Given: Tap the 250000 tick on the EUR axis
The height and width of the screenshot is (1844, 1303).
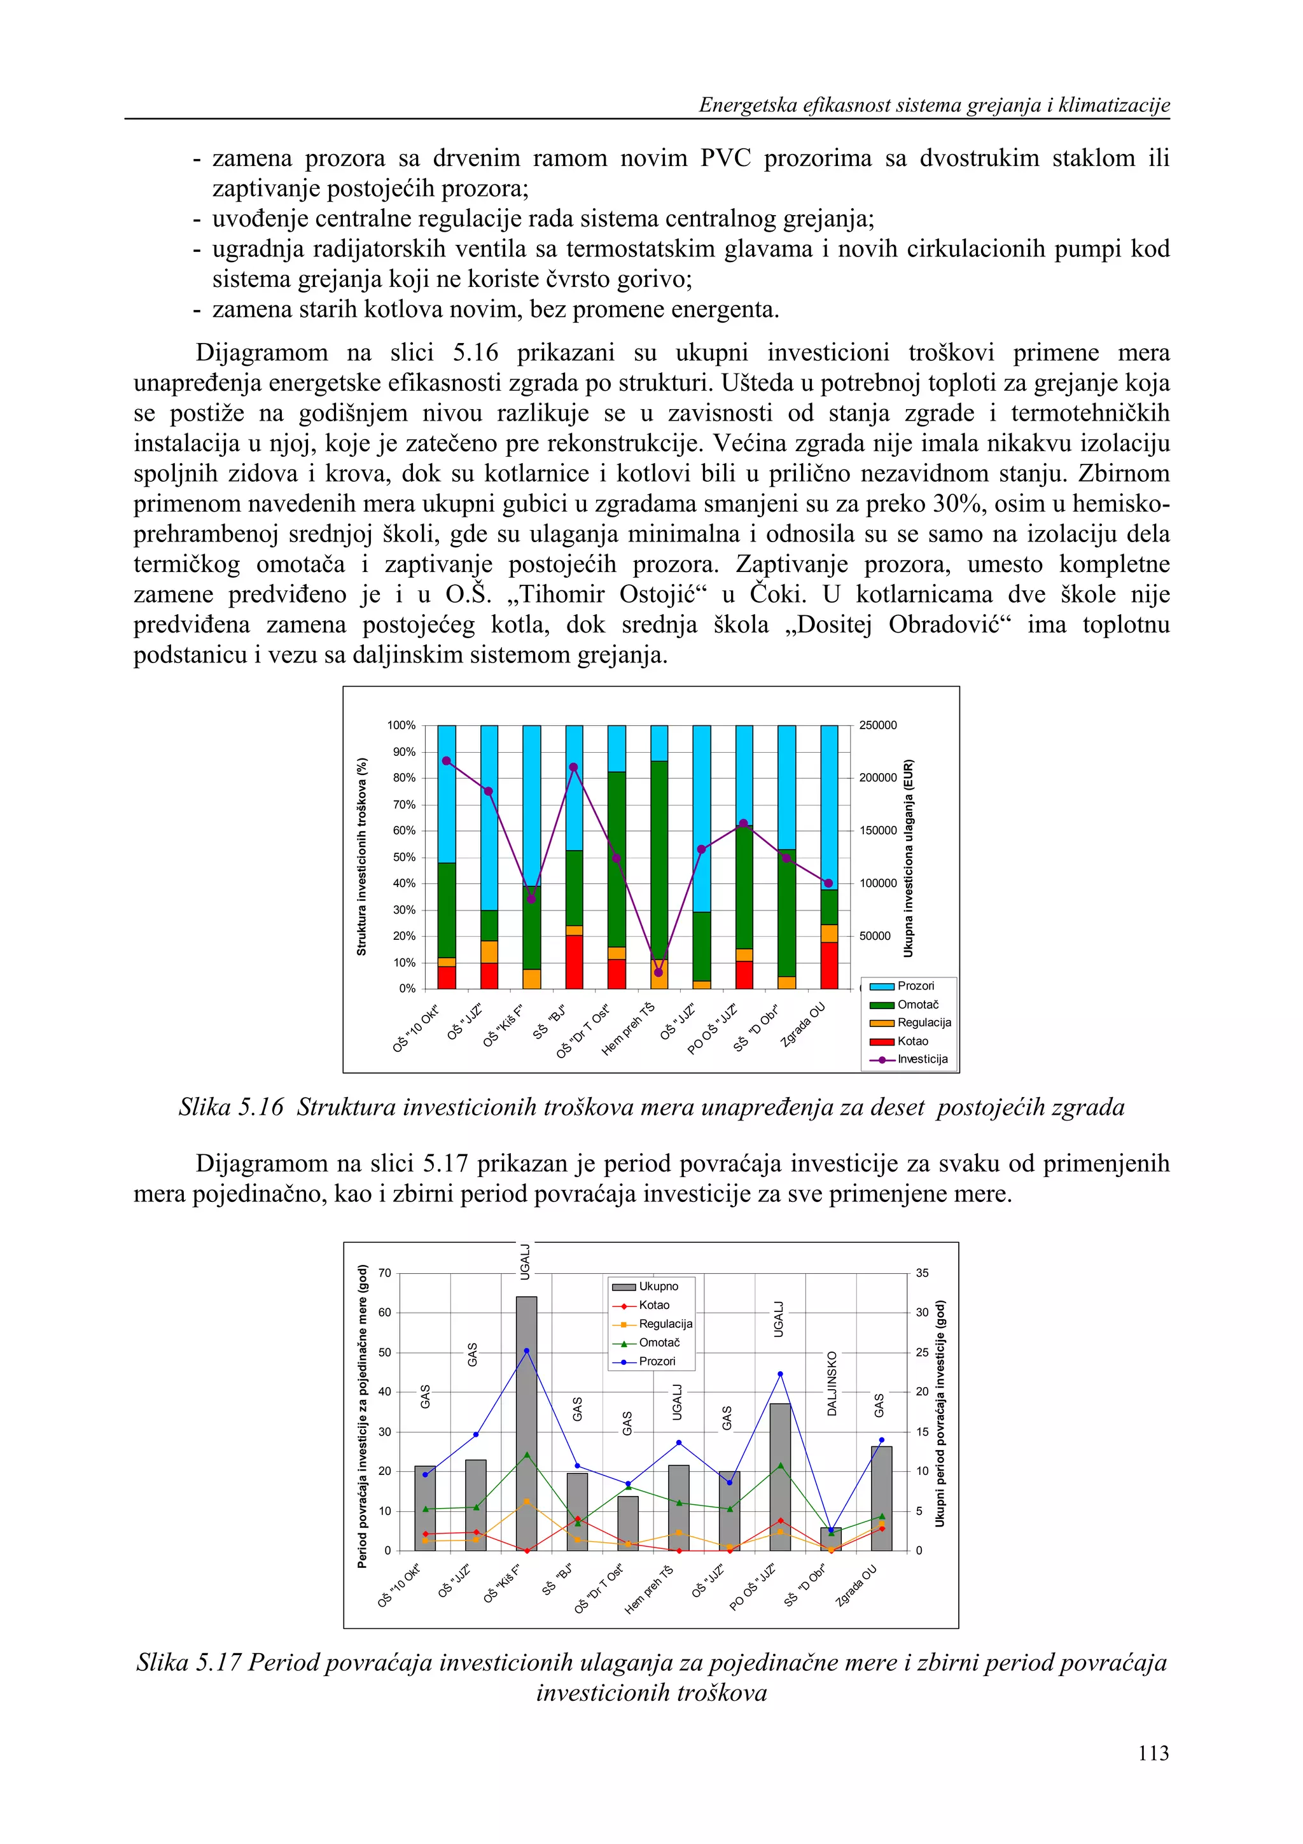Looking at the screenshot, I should click(877, 725).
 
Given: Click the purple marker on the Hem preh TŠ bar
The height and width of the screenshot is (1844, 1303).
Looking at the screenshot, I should click(658, 973).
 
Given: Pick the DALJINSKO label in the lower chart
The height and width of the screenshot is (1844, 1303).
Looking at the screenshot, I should click(832, 1384).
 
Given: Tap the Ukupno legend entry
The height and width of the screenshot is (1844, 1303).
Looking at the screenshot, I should click(658, 1287).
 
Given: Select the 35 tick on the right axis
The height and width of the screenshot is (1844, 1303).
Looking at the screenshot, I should click(923, 1273).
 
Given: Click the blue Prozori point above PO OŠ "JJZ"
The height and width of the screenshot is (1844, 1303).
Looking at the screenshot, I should click(781, 1374).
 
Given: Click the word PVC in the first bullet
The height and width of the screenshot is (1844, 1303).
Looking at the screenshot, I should click(725, 158).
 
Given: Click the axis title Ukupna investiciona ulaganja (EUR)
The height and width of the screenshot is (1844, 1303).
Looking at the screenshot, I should click(908, 857).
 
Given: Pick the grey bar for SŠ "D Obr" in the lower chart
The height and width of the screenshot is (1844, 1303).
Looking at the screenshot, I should click(831, 1540).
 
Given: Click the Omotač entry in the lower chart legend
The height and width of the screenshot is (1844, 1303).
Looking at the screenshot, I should click(658, 1342).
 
